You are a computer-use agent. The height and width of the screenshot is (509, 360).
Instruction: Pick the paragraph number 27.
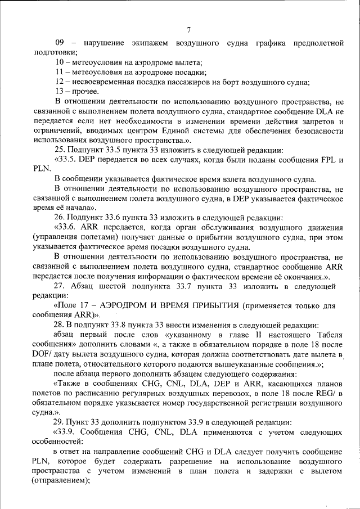point(60,285)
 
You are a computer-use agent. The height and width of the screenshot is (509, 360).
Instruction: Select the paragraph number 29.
point(59,422)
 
